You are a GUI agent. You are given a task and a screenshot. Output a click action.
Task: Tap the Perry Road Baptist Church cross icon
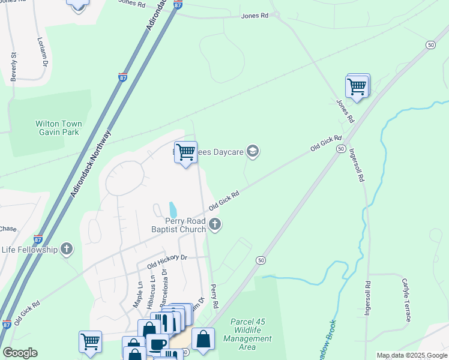[215, 226]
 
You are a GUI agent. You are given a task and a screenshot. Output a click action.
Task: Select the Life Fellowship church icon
[67, 249]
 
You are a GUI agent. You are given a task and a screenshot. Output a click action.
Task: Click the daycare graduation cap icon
[253, 152]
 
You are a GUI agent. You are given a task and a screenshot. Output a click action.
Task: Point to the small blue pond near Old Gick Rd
[173, 210]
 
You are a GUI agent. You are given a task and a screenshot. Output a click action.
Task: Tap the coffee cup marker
[158, 344]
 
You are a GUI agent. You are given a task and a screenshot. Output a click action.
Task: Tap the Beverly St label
[13, 67]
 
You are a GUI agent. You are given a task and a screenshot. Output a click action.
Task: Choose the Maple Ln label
[137, 296]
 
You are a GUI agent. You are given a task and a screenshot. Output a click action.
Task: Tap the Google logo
[20, 353]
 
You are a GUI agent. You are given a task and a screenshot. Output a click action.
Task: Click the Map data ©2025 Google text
[411, 355]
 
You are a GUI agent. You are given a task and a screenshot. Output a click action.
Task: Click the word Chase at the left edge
[8, 229]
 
